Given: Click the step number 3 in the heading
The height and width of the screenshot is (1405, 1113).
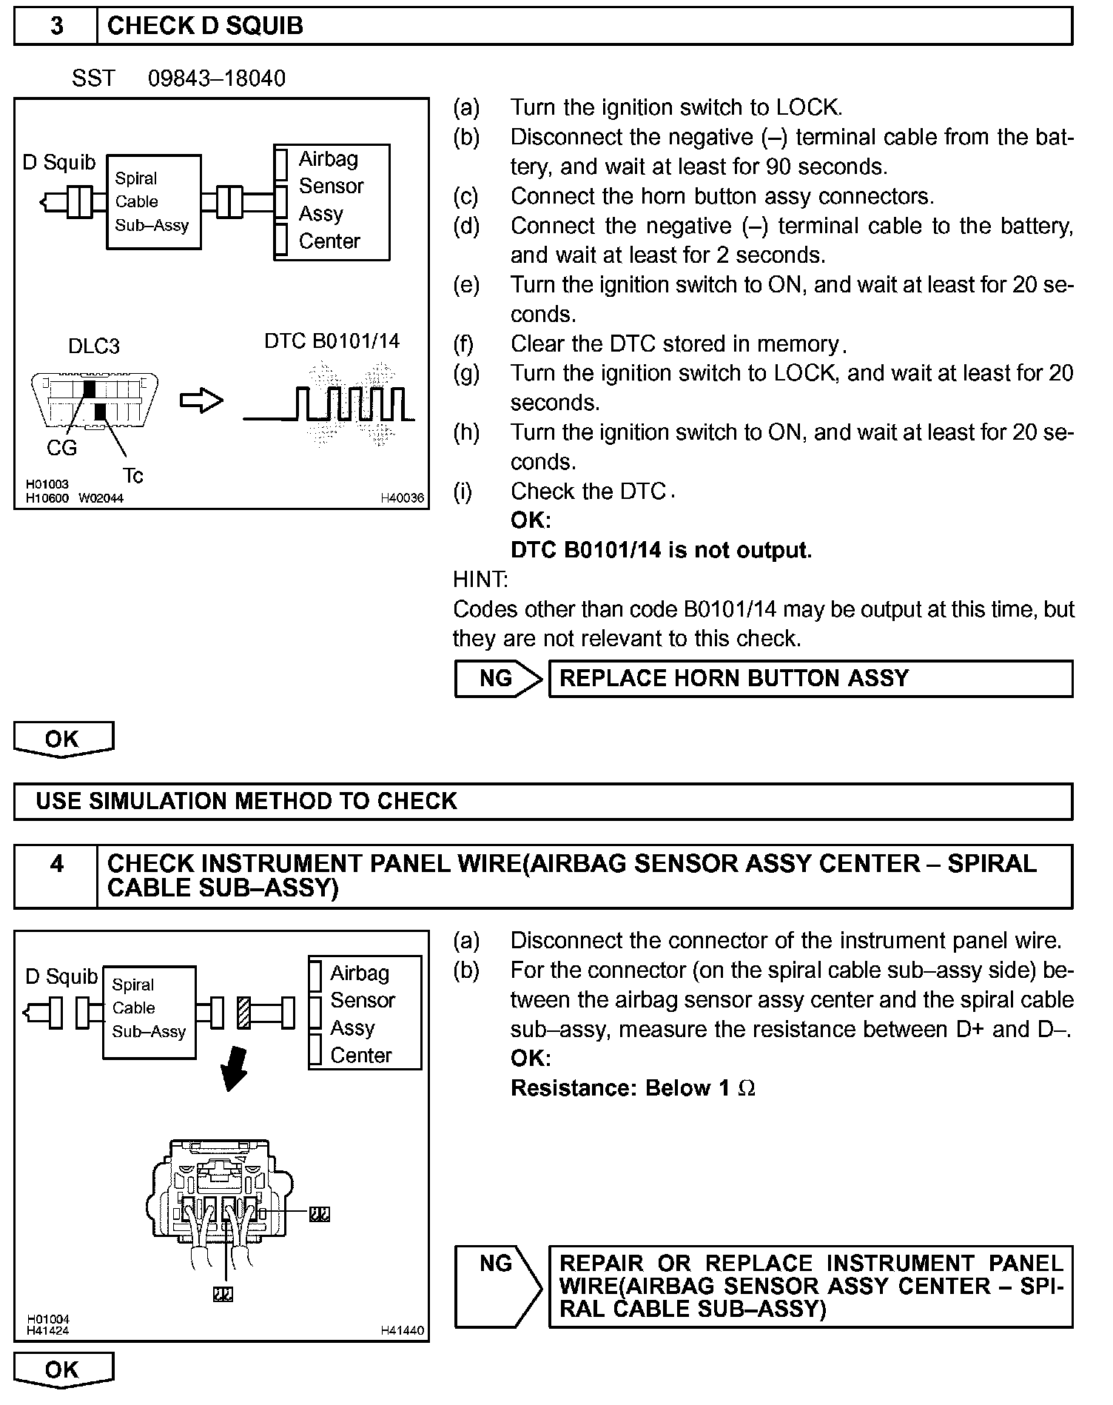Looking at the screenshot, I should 56,26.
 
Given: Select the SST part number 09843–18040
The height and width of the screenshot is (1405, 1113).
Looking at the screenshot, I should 216,78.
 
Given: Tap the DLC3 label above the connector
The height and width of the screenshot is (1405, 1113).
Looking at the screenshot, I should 93,346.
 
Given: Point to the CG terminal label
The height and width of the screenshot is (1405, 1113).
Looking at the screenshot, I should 61,447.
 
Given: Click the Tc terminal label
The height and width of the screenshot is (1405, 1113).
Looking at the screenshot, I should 133,475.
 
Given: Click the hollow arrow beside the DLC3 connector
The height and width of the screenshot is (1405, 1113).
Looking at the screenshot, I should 201,401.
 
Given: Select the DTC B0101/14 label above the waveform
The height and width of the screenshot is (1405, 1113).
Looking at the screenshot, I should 332,341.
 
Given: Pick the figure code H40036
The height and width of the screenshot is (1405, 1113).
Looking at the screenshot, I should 402,499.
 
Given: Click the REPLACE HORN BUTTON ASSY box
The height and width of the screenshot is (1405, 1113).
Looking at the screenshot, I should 810,679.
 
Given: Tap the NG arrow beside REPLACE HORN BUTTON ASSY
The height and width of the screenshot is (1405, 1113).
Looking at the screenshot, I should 497,679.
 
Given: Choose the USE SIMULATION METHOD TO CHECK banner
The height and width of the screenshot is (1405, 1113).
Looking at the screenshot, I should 543,801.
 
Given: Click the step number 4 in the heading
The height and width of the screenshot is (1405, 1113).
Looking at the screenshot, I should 56,864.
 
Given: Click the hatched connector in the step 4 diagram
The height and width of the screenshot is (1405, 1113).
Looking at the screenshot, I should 243,1013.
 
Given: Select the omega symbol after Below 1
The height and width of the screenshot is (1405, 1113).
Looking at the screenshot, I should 747,1088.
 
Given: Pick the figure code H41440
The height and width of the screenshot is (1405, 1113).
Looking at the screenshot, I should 402,1330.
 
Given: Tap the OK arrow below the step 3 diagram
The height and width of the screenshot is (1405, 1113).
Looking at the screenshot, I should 64,740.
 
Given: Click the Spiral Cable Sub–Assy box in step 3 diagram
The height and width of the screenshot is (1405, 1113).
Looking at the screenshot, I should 153,201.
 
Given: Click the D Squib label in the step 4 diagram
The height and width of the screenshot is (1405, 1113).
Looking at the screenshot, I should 61,977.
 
